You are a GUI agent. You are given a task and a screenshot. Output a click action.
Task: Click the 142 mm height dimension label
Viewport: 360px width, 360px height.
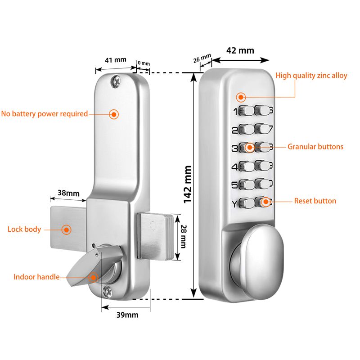(x=188, y=184)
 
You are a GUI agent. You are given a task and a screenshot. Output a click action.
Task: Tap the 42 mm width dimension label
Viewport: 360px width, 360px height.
(x=240, y=50)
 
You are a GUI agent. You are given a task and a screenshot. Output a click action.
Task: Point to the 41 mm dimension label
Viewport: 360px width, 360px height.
(x=116, y=60)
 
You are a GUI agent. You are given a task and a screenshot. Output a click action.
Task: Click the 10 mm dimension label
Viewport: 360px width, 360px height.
(x=143, y=63)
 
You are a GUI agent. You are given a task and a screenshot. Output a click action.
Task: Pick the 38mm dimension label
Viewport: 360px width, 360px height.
(x=68, y=193)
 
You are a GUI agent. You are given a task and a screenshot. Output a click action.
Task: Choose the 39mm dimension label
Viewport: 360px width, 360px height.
(x=126, y=315)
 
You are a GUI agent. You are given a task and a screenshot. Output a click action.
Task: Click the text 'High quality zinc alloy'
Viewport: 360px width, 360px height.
(x=311, y=76)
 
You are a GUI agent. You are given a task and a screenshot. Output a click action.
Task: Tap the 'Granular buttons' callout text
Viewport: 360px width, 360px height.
(x=315, y=147)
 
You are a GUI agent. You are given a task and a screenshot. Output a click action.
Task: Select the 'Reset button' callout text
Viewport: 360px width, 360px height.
(x=315, y=201)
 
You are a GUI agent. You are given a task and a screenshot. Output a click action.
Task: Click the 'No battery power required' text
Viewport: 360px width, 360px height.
(x=44, y=114)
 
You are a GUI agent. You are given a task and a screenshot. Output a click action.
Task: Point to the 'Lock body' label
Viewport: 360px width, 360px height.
(x=24, y=229)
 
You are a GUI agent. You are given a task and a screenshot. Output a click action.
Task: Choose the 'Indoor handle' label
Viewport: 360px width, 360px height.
(x=36, y=277)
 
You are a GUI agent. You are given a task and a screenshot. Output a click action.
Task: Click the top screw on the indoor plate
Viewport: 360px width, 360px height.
(x=117, y=81)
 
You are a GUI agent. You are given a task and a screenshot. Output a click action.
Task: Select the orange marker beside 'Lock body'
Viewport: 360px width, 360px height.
(x=67, y=229)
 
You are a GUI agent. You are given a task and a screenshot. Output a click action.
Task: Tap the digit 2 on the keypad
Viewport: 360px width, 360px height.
(x=234, y=131)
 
